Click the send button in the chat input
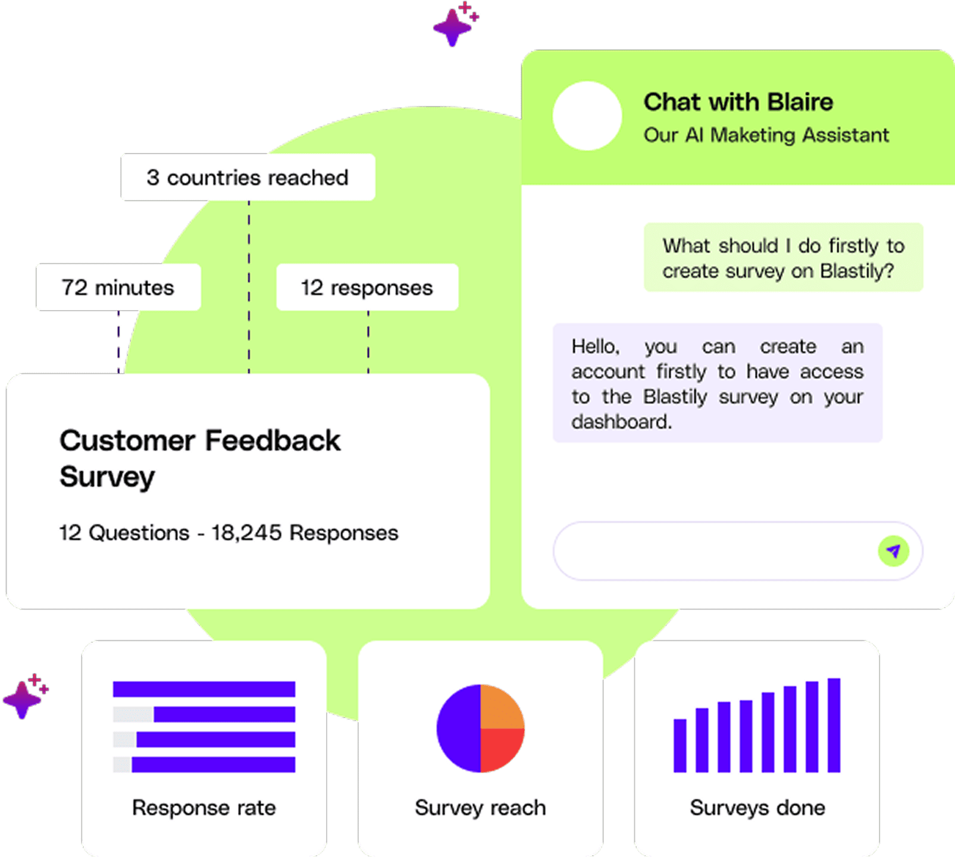pos(893,551)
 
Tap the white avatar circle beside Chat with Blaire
pos(587,115)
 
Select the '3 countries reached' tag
pos(248,177)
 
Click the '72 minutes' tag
pos(118,287)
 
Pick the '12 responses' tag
pos(367,287)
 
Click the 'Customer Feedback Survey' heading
pos(199,458)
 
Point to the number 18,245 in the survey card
pos(246,533)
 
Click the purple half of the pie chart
pos(459,728)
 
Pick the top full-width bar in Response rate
pos(204,689)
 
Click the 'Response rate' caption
pos(204,808)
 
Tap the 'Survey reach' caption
pos(480,808)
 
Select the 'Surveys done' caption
pos(757,808)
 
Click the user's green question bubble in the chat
pos(783,258)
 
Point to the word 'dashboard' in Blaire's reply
pos(620,422)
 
